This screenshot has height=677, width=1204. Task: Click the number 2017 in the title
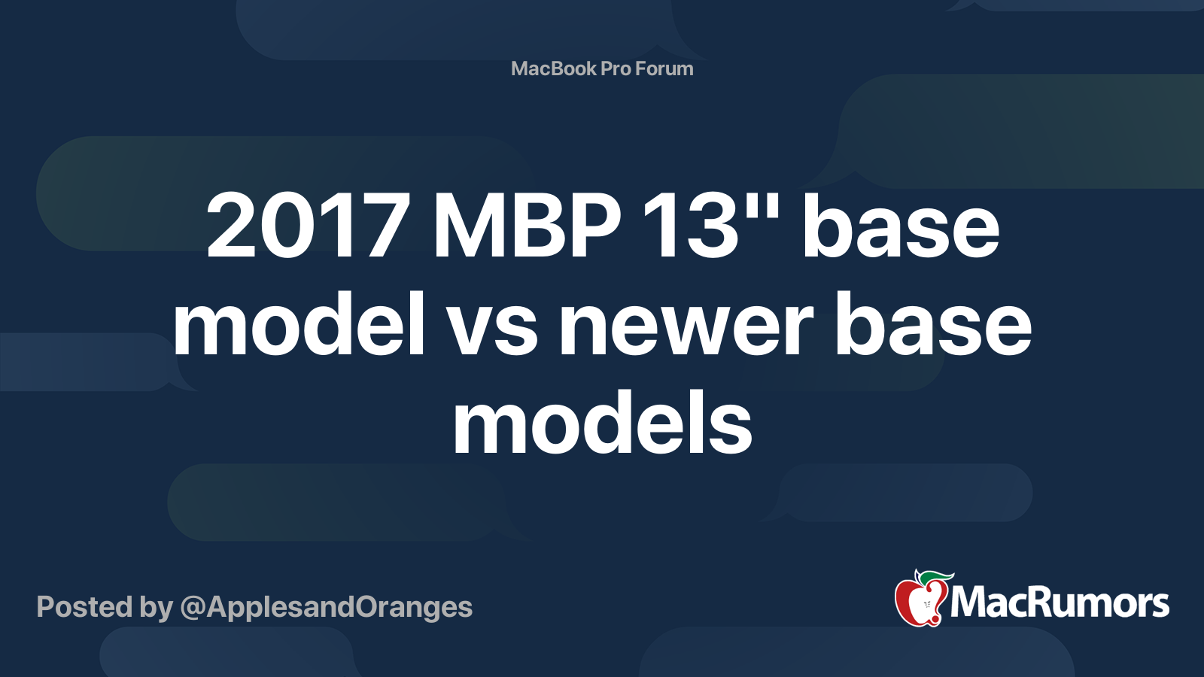(x=308, y=226)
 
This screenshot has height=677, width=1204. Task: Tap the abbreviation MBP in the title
(x=526, y=226)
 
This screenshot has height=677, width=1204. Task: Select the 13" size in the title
(x=712, y=226)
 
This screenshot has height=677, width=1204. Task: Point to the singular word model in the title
(x=299, y=324)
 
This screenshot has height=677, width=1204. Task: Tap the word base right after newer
(x=933, y=326)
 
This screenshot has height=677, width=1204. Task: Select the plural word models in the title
(x=602, y=424)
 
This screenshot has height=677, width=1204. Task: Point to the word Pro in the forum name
(x=616, y=68)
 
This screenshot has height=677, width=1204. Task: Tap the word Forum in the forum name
(x=664, y=68)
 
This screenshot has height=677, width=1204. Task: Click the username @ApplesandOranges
(x=327, y=607)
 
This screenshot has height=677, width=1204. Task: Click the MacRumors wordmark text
(x=1060, y=603)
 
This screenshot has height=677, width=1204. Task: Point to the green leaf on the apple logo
(x=935, y=577)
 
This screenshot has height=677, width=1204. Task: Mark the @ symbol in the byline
(x=193, y=608)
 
